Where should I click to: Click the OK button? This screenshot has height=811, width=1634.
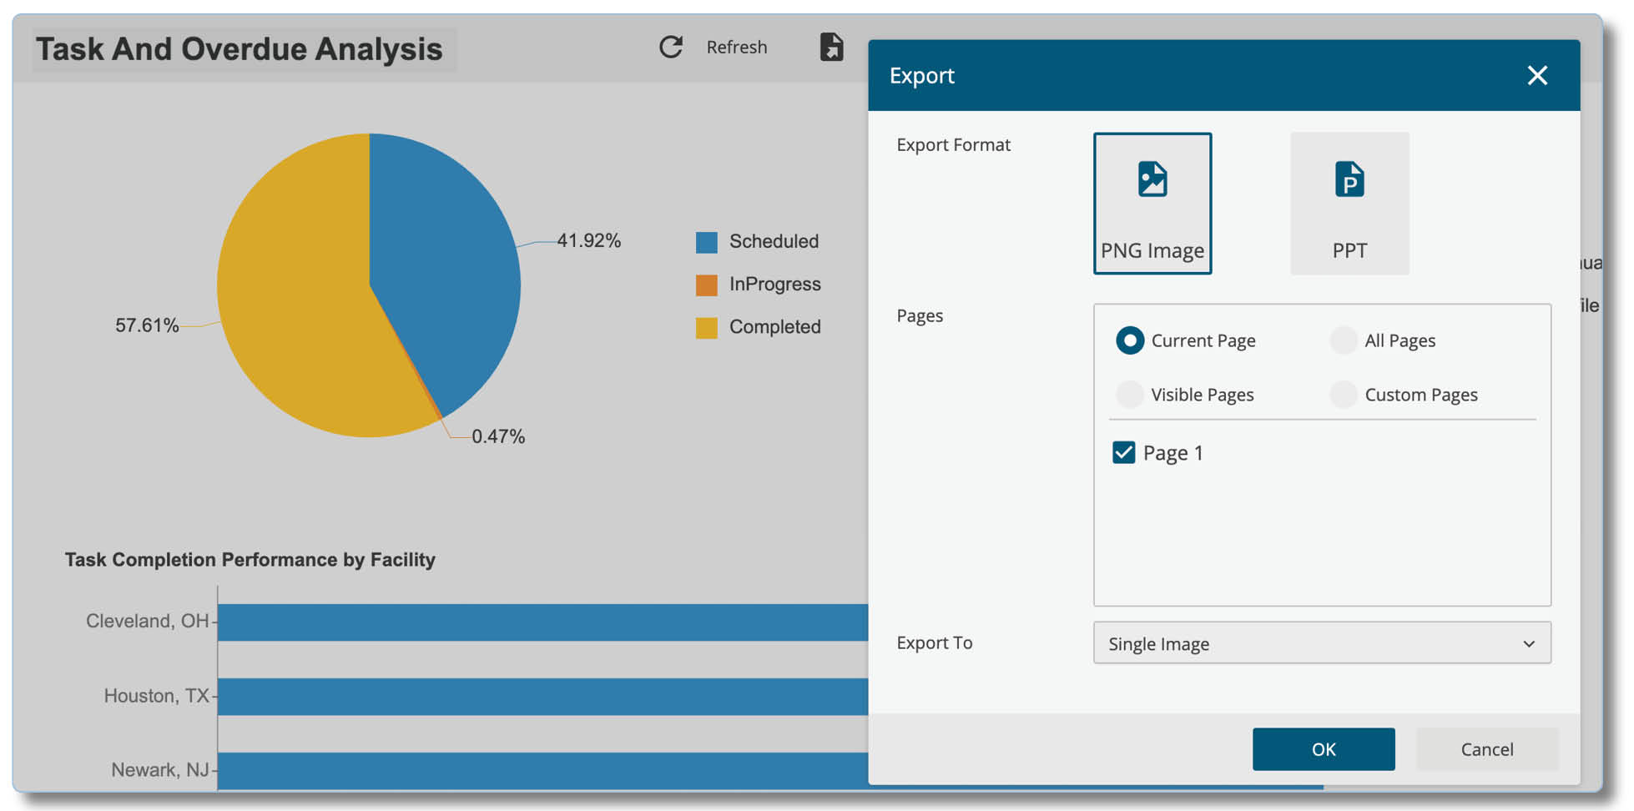click(1323, 748)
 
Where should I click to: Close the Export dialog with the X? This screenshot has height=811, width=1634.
click(1537, 75)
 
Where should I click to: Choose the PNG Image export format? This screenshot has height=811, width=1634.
click(1152, 203)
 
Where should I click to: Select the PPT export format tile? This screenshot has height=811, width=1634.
click(1349, 203)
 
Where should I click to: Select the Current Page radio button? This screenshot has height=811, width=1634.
click(1130, 340)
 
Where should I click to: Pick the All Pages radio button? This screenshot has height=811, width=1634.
click(1344, 340)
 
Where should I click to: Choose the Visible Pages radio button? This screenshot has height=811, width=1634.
click(1130, 395)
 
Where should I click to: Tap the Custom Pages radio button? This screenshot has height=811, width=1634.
click(1344, 395)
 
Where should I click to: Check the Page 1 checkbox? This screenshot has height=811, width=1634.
click(1123, 452)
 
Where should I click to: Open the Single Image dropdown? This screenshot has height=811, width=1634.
click(1322, 642)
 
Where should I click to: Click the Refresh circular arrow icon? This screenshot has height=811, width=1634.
click(671, 47)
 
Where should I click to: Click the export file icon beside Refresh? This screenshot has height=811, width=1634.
click(831, 47)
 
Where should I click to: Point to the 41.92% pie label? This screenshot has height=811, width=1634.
click(588, 240)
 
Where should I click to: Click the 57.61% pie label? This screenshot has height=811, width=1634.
click(147, 325)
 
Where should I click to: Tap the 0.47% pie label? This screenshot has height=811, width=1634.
click(498, 436)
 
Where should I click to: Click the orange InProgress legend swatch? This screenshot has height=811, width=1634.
click(706, 285)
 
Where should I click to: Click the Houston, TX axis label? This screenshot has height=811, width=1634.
click(156, 696)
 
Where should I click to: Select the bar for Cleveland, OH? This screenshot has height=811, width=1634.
click(542, 622)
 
